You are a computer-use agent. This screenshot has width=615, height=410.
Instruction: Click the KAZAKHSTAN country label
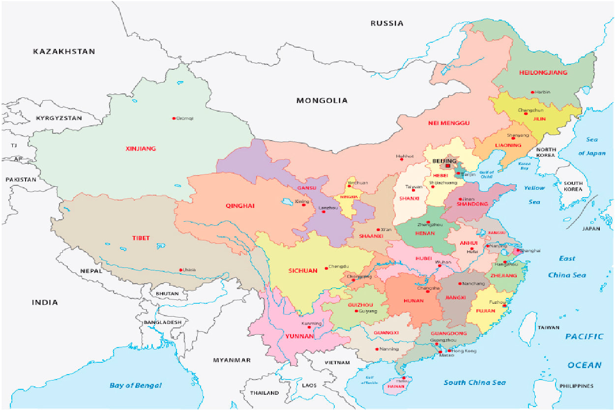pos(64,51)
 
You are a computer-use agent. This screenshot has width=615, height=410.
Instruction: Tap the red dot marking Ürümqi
pos(174,118)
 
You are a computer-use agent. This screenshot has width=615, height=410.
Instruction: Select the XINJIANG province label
pos(141,148)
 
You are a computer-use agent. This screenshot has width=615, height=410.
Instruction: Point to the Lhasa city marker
pos(181,269)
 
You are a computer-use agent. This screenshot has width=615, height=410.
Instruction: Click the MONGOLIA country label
pos(322,100)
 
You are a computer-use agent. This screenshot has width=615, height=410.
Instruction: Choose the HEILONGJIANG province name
pos(543,73)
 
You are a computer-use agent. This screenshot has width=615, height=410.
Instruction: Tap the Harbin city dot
pos(532,92)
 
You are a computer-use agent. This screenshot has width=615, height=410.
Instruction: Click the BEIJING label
pos(444,161)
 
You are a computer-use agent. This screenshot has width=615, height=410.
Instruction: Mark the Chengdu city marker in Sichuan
pos(326,268)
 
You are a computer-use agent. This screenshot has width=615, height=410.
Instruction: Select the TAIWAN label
pos(548,327)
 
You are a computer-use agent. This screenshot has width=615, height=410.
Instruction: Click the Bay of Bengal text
pos(135,385)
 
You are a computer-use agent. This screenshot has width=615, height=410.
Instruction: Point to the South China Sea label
pos(474,382)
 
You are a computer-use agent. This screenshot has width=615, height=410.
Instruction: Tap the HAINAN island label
pos(396,386)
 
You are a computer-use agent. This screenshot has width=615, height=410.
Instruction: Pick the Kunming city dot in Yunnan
pos(309,327)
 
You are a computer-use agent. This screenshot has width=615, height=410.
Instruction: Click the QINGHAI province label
pos(240,206)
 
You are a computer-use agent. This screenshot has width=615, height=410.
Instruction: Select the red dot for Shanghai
pos(517,251)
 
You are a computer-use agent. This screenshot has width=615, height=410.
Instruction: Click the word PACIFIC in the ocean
pos(584,337)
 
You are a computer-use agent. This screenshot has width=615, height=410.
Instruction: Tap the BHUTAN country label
pos(167,293)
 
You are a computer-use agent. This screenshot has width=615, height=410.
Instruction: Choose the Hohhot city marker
pos(402,159)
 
